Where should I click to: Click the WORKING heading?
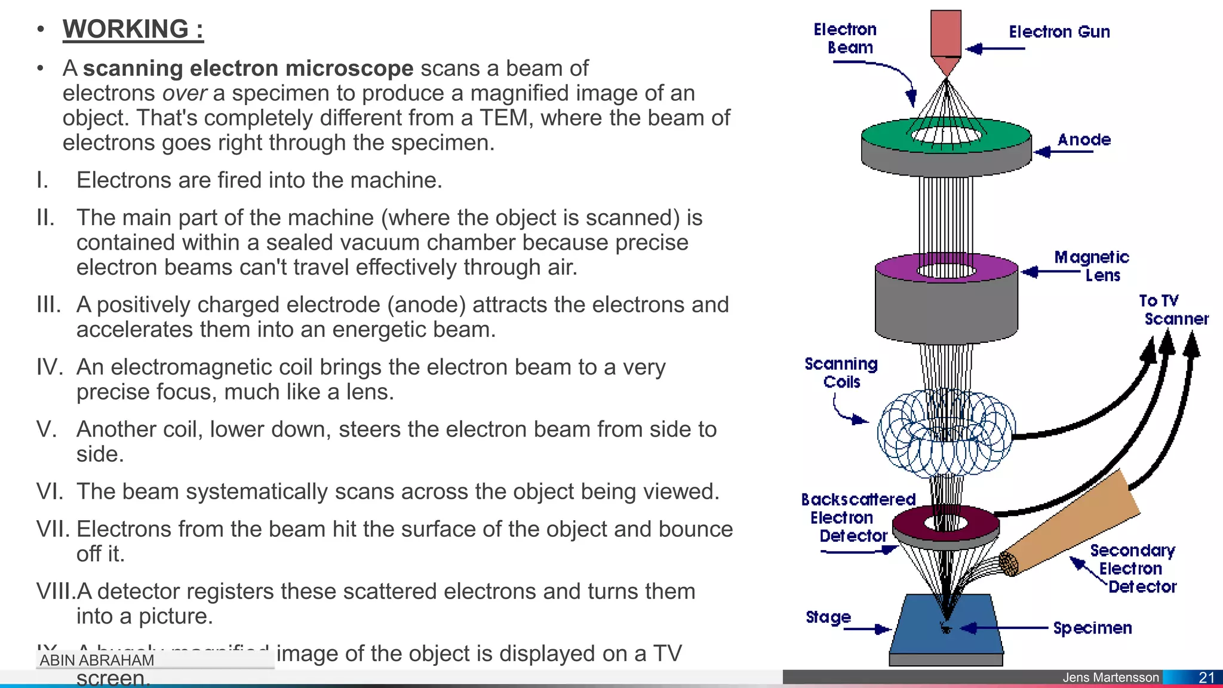click(133, 29)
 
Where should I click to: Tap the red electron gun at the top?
click(946, 36)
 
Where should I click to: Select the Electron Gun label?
click(1059, 32)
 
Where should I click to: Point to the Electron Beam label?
click(845, 38)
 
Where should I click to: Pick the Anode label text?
click(1084, 140)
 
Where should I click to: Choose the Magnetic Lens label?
click(1092, 266)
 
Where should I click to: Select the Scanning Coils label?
click(841, 373)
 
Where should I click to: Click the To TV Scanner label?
click(1173, 309)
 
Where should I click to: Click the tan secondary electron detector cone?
click(1075, 520)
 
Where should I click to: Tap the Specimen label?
click(1092, 628)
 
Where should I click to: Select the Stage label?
click(828, 617)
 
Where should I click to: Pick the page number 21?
click(1206, 677)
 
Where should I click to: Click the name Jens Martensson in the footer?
click(1110, 677)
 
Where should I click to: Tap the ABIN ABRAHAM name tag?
click(97, 660)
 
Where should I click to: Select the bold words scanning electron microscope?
click(248, 68)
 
